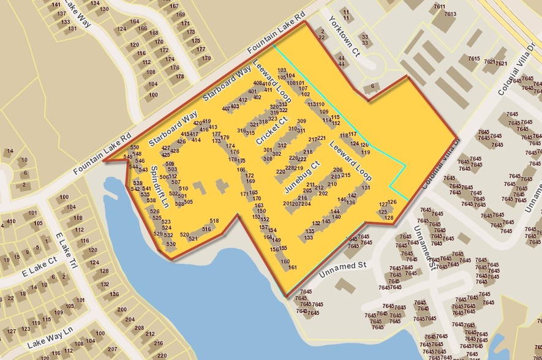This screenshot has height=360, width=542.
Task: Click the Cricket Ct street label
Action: tap(272, 130)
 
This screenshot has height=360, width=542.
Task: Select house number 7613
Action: tap(451, 13)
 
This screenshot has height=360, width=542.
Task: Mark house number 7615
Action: tap(473, 58)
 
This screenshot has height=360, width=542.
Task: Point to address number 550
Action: tap(135, 148)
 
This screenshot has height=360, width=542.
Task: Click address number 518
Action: tap(214, 221)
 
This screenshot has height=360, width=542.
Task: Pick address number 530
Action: tap(171, 244)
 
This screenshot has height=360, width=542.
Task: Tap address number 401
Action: tap(252, 91)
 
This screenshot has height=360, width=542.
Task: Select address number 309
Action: tap(301, 121)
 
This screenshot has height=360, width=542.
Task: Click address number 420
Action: tap(197, 123)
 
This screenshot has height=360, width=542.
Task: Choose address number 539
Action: tap(138, 183)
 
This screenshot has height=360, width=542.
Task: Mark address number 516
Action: tap(207, 229)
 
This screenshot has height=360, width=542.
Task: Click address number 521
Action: tap(193, 238)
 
